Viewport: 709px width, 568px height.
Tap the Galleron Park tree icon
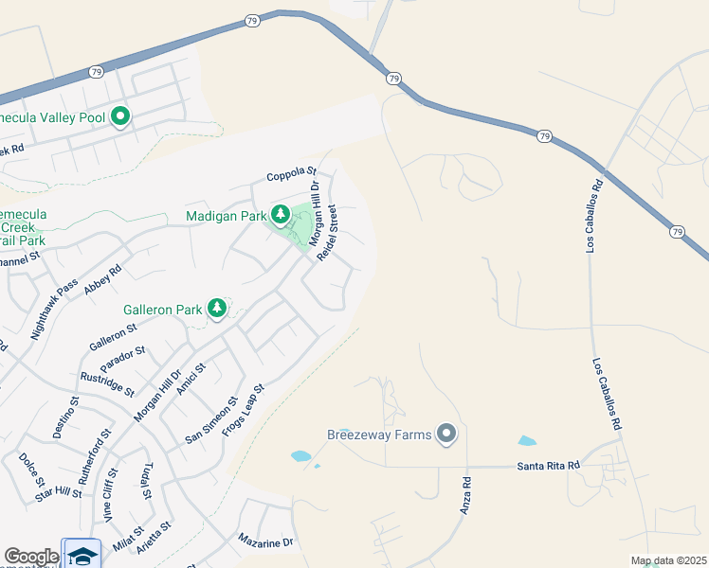[x=217, y=309]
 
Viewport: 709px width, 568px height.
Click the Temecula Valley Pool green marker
[x=120, y=117]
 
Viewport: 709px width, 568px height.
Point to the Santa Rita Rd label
[x=548, y=466]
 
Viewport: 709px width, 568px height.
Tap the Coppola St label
[x=290, y=174]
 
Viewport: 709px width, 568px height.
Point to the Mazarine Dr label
[x=266, y=542]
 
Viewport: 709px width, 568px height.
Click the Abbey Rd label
[x=103, y=281]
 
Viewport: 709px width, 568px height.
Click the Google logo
[x=30, y=557]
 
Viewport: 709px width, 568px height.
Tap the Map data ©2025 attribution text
[x=667, y=560]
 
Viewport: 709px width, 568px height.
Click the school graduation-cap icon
[x=82, y=556]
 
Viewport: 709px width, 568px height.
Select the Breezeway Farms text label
[x=379, y=435]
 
